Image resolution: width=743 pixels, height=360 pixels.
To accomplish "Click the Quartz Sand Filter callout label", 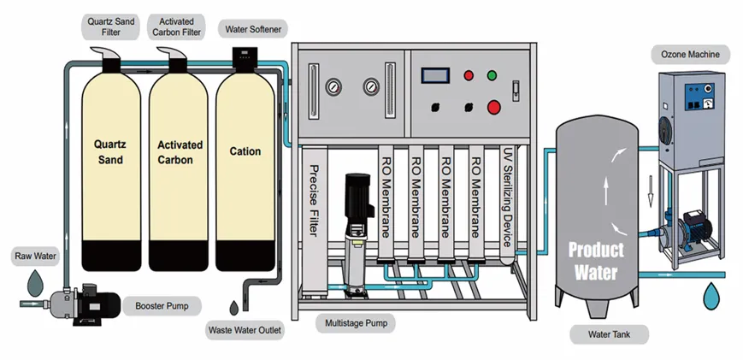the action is [110, 27].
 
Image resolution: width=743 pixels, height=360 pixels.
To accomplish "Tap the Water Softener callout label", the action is [253, 29].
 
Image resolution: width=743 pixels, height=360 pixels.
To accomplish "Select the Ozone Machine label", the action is [690, 55].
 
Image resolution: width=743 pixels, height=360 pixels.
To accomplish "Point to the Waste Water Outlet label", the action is [245, 330].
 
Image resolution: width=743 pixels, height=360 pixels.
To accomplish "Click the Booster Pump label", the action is [162, 306].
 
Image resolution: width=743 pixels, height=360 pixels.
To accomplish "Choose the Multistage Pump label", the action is [356, 323].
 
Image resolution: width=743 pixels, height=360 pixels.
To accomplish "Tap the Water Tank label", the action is [609, 334].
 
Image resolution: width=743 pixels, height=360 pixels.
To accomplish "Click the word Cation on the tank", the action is [245, 151].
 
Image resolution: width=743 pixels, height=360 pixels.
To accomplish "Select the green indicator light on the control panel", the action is [492, 75].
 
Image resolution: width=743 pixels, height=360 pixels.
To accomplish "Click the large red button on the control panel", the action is [493, 108].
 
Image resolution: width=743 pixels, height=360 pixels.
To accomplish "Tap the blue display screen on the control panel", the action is [435, 75].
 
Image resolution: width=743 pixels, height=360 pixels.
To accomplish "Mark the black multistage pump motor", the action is [357, 195].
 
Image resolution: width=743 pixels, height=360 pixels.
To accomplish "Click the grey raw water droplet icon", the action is [35, 283].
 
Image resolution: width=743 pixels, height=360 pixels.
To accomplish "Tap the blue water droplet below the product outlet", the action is [711, 296].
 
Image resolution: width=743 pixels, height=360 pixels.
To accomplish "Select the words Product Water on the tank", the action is [596, 261].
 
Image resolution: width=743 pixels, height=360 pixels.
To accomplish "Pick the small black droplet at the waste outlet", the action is [234, 308].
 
